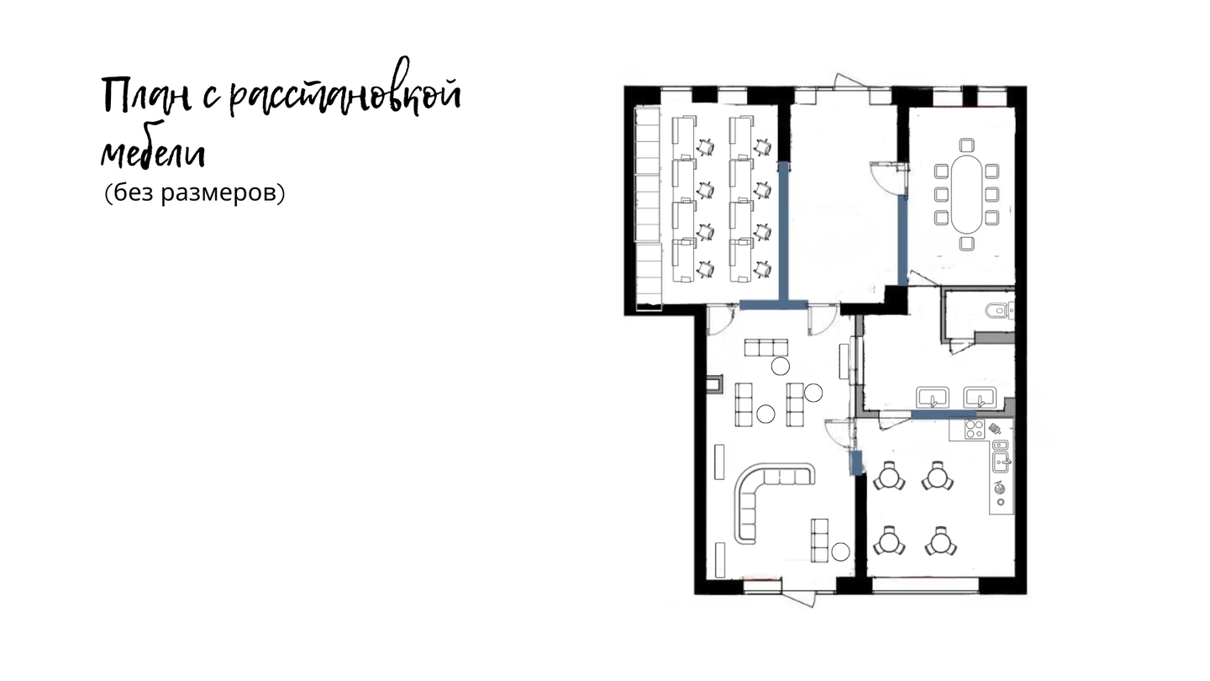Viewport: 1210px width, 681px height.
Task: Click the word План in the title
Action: click(x=146, y=97)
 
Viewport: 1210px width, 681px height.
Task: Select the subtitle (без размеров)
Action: click(x=194, y=193)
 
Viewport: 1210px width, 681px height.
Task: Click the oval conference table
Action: click(x=967, y=194)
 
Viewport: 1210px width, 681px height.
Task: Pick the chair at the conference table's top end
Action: click(x=967, y=145)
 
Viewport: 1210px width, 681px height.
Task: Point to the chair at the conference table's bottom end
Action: click(x=967, y=244)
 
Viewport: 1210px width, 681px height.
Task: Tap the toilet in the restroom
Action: click(x=999, y=310)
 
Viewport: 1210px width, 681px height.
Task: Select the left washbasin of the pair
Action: click(x=933, y=397)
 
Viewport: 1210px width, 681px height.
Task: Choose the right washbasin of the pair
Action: click(x=980, y=397)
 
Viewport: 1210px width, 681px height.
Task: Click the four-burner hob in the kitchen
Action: click(x=975, y=429)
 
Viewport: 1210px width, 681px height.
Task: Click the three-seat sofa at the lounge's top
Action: click(x=766, y=347)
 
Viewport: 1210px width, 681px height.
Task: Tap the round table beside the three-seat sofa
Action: click(x=780, y=366)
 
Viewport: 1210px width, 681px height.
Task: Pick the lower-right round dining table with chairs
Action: click(x=940, y=541)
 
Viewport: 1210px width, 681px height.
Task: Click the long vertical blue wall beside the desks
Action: click(x=784, y=231)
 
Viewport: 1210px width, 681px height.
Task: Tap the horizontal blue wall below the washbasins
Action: click(x=943, y=414)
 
